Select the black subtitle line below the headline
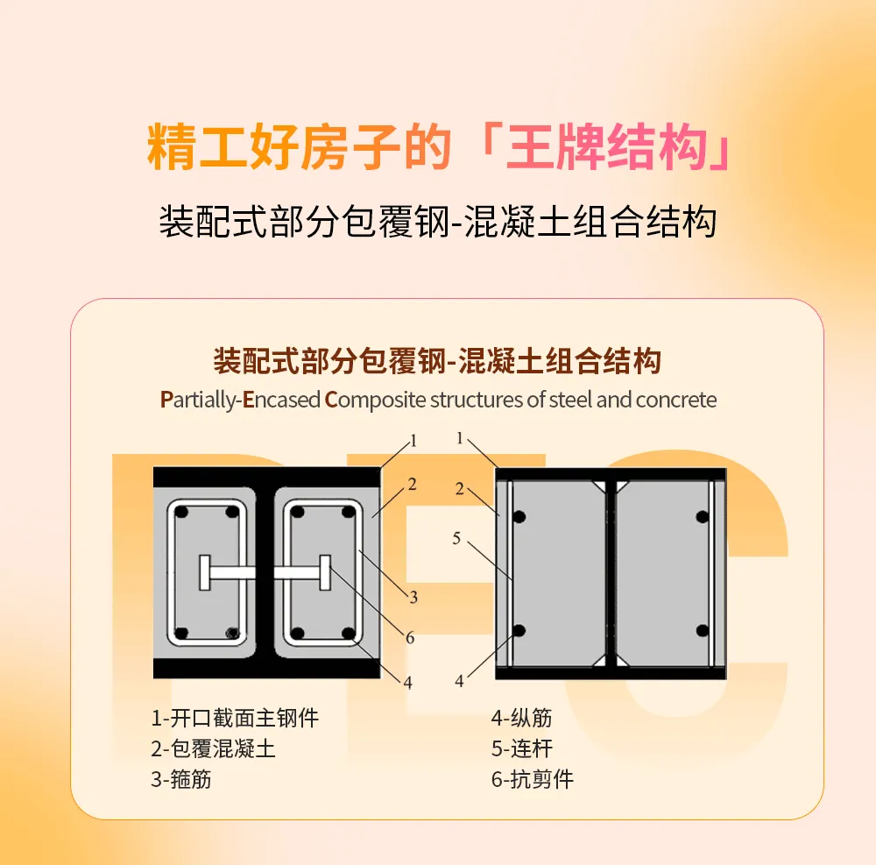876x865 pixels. [437, 222]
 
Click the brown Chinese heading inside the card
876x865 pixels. [437, 361]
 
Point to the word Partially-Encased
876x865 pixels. [240, 401]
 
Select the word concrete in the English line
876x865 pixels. [676, 401]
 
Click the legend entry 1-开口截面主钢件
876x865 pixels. [235, 719]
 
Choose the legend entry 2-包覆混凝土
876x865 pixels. [214, 748]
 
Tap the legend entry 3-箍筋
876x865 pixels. [181, 778]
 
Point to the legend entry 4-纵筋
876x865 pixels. [521, 719]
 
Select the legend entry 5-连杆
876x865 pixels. [521, 748]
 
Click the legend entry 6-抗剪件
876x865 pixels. [532, 778]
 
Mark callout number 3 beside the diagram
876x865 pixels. [412, 598]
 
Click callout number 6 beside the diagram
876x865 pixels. [409, 638]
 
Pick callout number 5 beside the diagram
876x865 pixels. [456, 539]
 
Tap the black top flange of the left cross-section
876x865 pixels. [266, 477]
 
